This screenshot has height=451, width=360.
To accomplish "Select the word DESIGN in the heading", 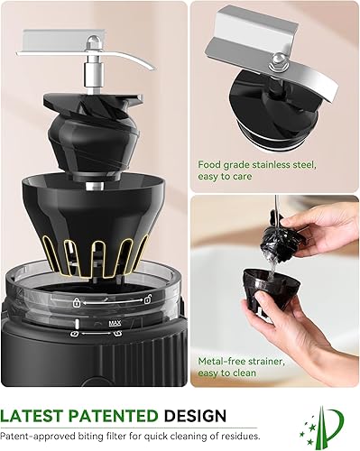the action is tap(195, 416).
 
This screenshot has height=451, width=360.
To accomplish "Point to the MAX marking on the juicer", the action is tap(115, 323).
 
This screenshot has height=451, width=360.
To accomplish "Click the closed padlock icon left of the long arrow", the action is tap(77, 302).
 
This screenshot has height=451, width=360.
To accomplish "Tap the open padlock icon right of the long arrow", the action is tap(148, 299).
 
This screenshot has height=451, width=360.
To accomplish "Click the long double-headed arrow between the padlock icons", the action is tap(112, 301).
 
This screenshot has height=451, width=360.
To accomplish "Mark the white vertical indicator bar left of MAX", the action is tap(77, 324).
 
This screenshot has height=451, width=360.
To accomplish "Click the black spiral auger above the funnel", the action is tap(93, 135).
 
